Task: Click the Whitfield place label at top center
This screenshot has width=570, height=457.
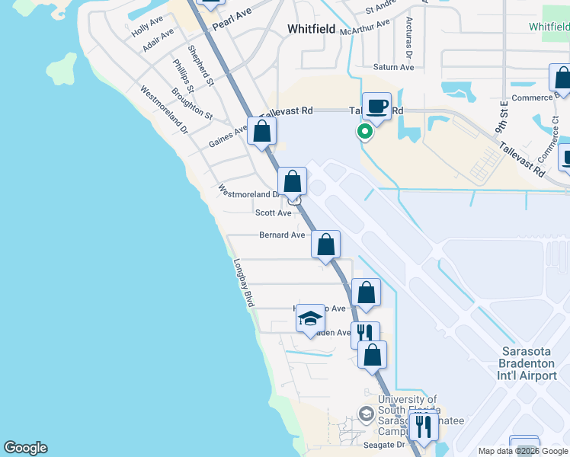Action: click(312, 29)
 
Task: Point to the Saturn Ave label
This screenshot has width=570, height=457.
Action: click(393, 67)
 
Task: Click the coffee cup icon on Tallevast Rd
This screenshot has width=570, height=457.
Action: click(375, 107)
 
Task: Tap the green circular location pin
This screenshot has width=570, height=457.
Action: click(365, 132)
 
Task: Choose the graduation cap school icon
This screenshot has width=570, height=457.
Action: click(310, 318)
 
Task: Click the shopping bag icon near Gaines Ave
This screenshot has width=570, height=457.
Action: click(261, 131)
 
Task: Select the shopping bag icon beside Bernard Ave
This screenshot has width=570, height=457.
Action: click(325, 244)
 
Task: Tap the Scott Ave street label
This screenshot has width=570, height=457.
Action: click(273, 213)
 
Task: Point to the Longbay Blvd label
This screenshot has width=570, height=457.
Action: click(243, 282)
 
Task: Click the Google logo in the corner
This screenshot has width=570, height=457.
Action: click(25, 448)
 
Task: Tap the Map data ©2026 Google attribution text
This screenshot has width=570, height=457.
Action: click(523, 451)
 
